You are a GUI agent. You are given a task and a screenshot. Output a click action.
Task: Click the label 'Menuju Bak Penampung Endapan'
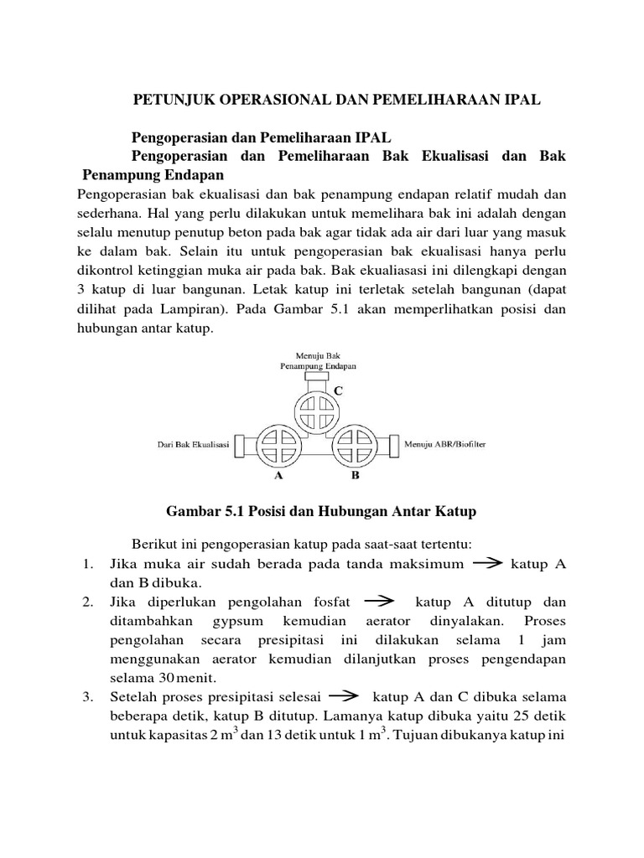click(x=318, y=361)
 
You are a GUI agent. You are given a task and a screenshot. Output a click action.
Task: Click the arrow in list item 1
click(x=487, y=564)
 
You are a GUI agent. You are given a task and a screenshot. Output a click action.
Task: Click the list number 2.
click(x=88, y=602)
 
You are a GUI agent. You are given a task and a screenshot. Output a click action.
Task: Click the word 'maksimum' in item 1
click(x=427, y=565)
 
